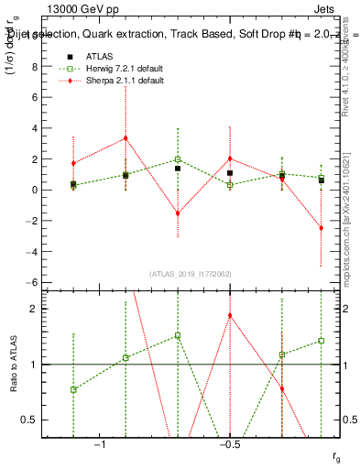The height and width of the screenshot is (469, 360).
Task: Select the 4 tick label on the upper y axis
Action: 34,128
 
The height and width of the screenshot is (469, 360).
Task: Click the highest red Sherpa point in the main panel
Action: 125,138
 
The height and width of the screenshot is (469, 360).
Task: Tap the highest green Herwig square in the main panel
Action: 178,159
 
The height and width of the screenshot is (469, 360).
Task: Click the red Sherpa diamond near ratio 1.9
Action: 230,315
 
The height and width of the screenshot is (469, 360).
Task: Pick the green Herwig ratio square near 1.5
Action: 178,335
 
